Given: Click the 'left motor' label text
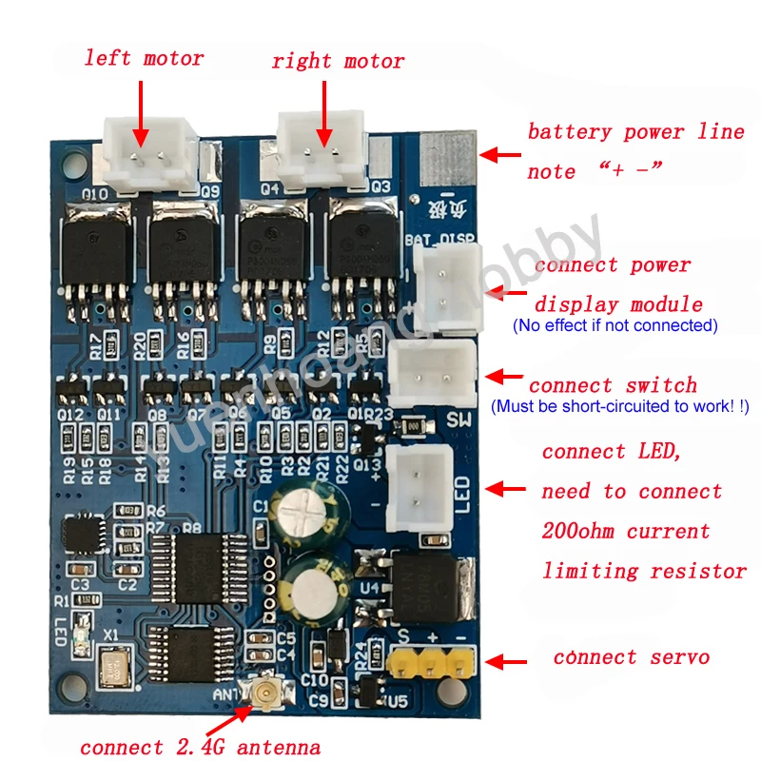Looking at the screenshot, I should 144,58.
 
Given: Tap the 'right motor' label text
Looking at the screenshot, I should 338,62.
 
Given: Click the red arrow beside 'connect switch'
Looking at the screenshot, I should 505,378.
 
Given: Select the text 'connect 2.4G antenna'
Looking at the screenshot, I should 200,746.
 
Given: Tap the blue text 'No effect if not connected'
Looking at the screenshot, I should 615,325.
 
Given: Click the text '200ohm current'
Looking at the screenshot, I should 626,531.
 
